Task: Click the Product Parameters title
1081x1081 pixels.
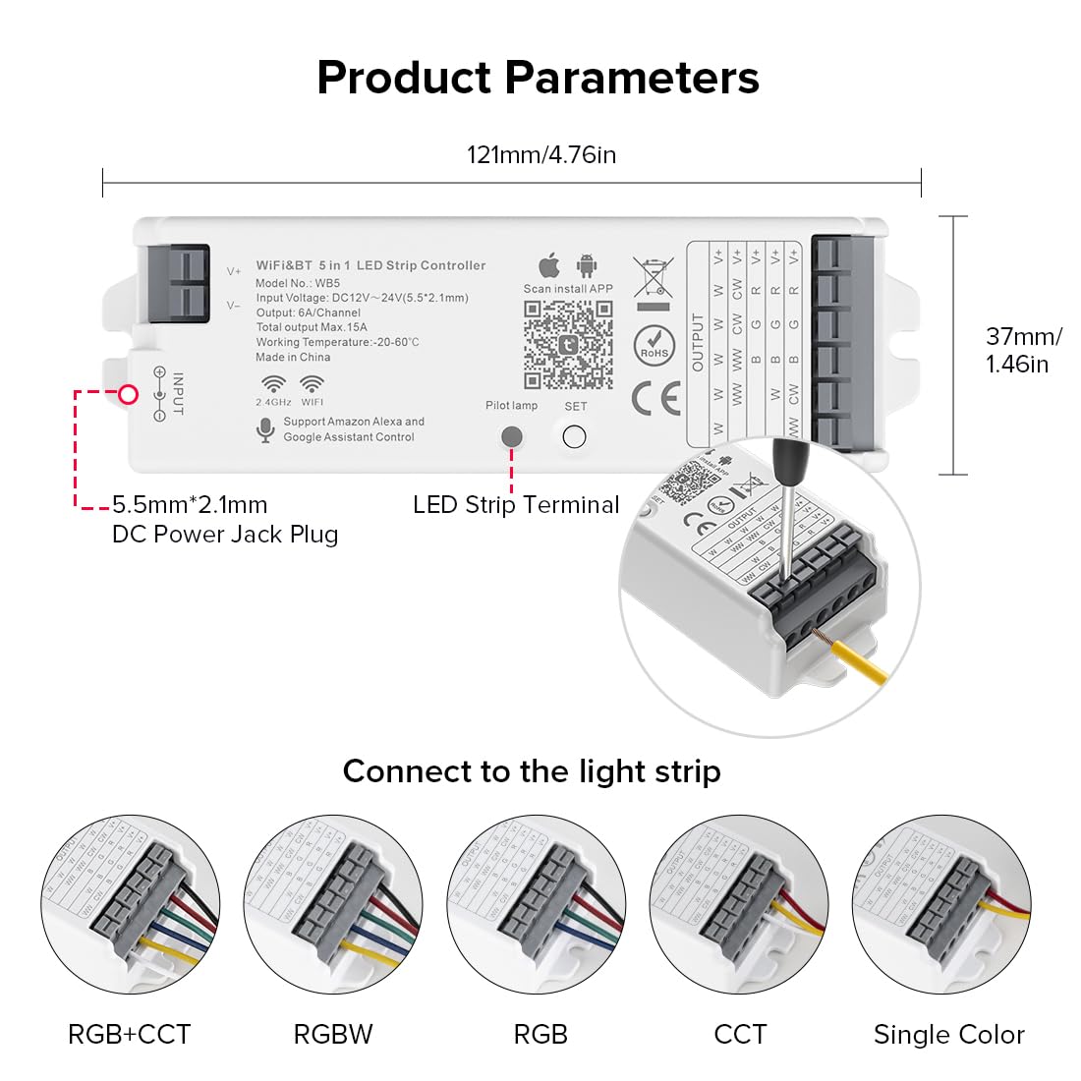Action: (x=538, y=78)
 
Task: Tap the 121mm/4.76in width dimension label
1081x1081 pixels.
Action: (x=540, y=154)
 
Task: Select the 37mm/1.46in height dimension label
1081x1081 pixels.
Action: (x=1022, y=350)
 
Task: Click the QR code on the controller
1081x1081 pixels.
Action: (x=568, y=343)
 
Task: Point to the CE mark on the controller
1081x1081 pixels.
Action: (x=655, y=398)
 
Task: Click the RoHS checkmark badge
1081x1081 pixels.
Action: (x=654, y=346)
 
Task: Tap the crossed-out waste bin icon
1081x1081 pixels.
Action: (x=653, y=277)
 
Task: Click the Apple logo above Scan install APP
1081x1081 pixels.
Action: (x=549, y=265)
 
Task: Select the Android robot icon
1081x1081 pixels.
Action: (x=587, y=265)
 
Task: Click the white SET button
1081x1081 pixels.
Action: (x=575, y=436)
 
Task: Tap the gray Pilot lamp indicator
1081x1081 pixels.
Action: (x=512, y=436)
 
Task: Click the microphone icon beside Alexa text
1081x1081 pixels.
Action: (x=264, y=429)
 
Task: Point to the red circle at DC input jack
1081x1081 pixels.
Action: (x=128, y=395)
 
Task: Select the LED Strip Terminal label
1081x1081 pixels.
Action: (x=516, y=505)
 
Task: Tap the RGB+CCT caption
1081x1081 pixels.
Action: (x=129, y=1034)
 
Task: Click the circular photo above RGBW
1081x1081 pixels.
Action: (x=333, y=904)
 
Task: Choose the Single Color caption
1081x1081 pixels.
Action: (x=948, y=1034)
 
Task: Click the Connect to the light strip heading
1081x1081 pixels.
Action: (x=532, y=771)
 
